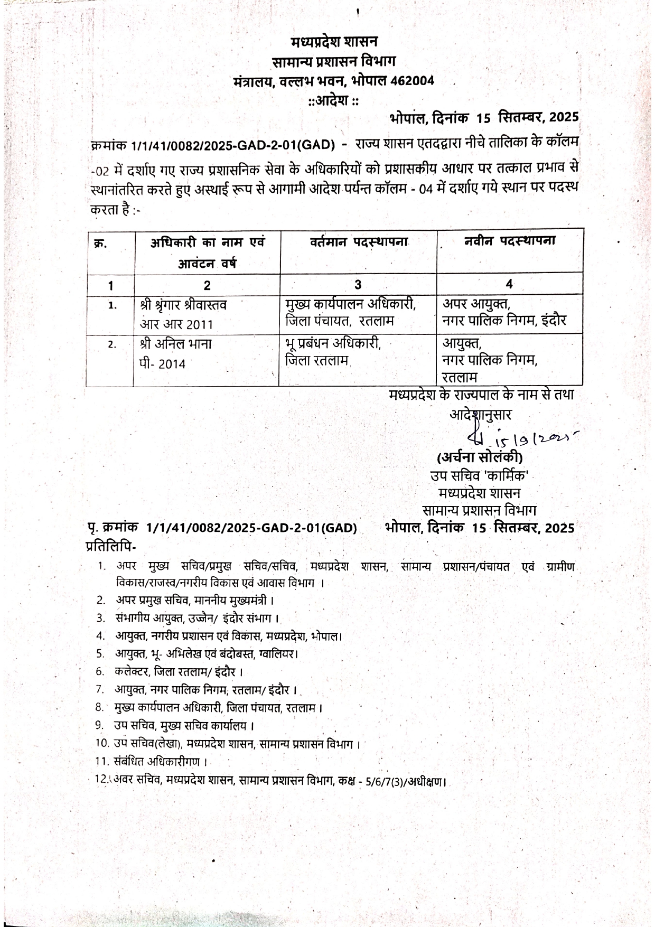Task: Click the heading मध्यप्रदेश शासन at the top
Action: click(x=334, y=42)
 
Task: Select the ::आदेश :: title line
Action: click(x=333, y=100)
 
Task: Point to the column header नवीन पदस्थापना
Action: click(x=510, y=241)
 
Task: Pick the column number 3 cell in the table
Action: click(x=358, y=284)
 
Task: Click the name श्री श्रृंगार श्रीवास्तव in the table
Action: click(x=183, y=305)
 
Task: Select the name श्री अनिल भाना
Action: click(x=176, y=344)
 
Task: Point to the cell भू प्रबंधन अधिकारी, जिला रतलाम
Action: click(x=332, y=352)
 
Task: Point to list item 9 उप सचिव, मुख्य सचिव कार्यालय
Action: click(x=185, y=725)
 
